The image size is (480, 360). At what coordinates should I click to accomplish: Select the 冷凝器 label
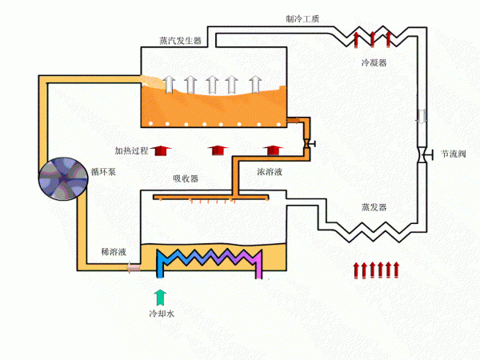tap(374, 62)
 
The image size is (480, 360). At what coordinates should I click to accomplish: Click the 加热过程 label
tap(131, 150)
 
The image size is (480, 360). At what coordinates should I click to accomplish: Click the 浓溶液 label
tap(269, 172)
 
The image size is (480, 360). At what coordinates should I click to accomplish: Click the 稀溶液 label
tap(113, 251)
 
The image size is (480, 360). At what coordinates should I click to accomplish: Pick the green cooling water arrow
tap(160, 298)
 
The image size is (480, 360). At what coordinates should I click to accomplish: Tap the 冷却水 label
tap(161, 314)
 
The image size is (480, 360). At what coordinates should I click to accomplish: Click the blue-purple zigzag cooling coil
tap(210, 261)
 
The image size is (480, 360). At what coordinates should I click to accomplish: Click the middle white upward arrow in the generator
tap(213, 83)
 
